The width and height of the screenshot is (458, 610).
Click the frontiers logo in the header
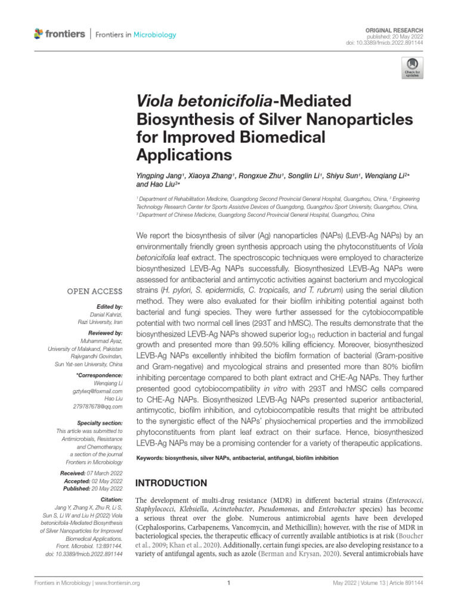tap(60, 35)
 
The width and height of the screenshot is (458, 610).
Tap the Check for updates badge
tap(412, 69)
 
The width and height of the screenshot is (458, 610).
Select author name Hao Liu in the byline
tap(150, 185)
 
